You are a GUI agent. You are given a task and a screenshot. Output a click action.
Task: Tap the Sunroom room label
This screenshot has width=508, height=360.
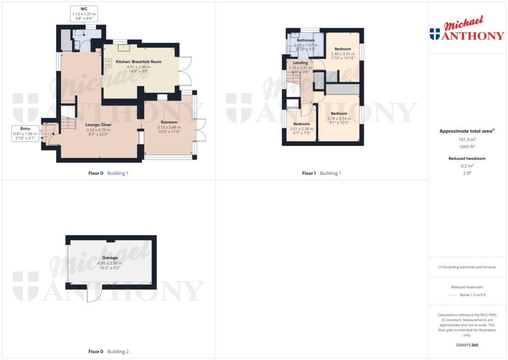point(169,122)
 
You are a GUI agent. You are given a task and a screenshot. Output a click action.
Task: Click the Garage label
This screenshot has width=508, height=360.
point(110,258)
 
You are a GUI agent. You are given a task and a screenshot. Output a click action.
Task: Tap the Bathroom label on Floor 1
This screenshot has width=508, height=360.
point(306,40)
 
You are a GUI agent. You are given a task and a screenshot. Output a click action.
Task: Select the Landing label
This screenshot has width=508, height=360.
point(300,63)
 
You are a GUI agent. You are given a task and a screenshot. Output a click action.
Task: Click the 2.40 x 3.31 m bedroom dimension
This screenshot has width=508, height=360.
point(343,54)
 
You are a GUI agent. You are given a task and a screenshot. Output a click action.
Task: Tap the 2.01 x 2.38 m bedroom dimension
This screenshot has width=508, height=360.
point(301,129)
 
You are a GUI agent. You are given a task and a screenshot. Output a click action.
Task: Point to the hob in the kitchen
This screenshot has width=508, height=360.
point(107,64)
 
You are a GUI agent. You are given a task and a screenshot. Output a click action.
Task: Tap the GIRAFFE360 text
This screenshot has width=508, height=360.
point(467,345)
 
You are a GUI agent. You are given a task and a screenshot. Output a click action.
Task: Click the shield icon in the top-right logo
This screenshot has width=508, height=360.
point(435,34)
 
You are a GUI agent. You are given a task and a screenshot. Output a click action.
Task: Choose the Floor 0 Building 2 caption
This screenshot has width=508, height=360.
point(109,352)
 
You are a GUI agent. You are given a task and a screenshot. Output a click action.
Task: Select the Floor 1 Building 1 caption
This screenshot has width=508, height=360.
point(321,173)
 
